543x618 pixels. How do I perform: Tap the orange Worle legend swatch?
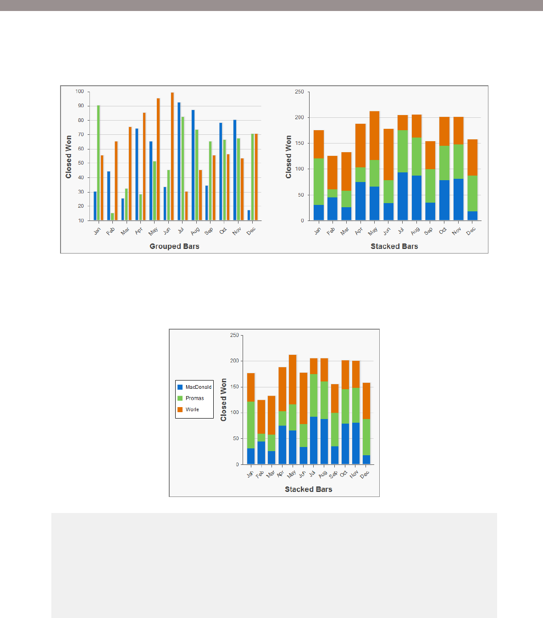[180, 409]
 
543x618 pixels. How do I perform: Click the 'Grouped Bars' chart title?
[174, 247]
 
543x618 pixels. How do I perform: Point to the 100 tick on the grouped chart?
[80, 92]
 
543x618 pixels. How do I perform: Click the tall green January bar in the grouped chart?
[99, 163]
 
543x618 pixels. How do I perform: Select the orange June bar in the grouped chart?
[172, 156]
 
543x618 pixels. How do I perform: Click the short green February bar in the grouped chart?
[112, 216]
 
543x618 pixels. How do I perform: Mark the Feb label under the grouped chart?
[111, 231]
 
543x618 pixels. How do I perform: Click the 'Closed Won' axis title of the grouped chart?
[69, 157]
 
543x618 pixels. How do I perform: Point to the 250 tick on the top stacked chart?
[299, 92]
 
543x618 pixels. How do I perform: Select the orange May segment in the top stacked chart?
[374, 135]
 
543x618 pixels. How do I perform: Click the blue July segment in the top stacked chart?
[402, 196]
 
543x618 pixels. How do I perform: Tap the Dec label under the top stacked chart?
[471, 231]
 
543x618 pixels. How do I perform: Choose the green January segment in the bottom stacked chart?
[251, 425]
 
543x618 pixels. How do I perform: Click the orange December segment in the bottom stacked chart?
[366, 401]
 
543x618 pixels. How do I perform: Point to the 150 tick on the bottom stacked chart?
[234, 387]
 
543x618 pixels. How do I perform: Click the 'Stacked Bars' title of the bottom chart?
[308, 490]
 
